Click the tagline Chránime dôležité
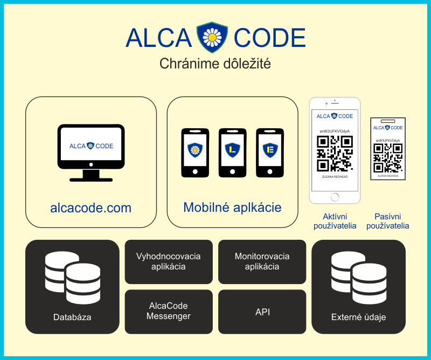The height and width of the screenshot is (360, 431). pyautogui.click(x=215, y=64)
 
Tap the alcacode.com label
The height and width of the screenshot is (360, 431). pyautogui.click(x=91, y=207)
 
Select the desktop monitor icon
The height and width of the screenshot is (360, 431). pyautogui.click(x=91, y=152)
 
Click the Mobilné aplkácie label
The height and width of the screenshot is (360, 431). pyautogui.click(x=232, y=207)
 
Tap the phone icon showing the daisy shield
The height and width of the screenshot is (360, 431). pyautogui.click(x=194, y=152)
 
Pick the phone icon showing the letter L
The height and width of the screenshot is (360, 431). pyautogui.click(x=232, y=152)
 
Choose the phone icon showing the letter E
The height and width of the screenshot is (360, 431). pyautogui.click(x=269, y=152)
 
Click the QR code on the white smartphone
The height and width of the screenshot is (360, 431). pyautogui.click(x=335, y=154)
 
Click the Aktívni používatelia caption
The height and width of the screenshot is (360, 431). pyautogui.click(x=335, y=221)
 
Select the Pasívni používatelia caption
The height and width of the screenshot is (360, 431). pyautogui.click(x=387, y=221)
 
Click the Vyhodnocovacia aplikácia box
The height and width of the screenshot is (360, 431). pyautogui.click(x=169, y=261)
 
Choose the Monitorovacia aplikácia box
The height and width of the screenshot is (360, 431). pyautogui.click(x=262, y=261)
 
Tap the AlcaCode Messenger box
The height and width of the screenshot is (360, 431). pyautogui.click(x=169, y=311)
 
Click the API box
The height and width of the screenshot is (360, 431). pyautogui.click(x=262, y=312)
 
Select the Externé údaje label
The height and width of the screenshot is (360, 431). pyautogui.click(x=358, y=317)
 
